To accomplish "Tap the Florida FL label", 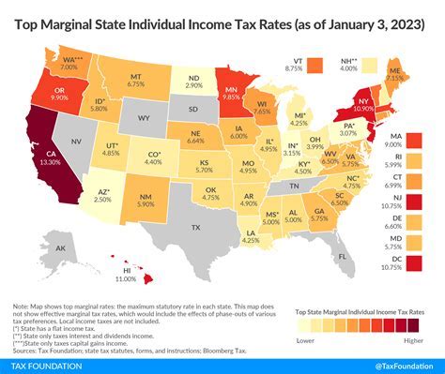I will (343, 255).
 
